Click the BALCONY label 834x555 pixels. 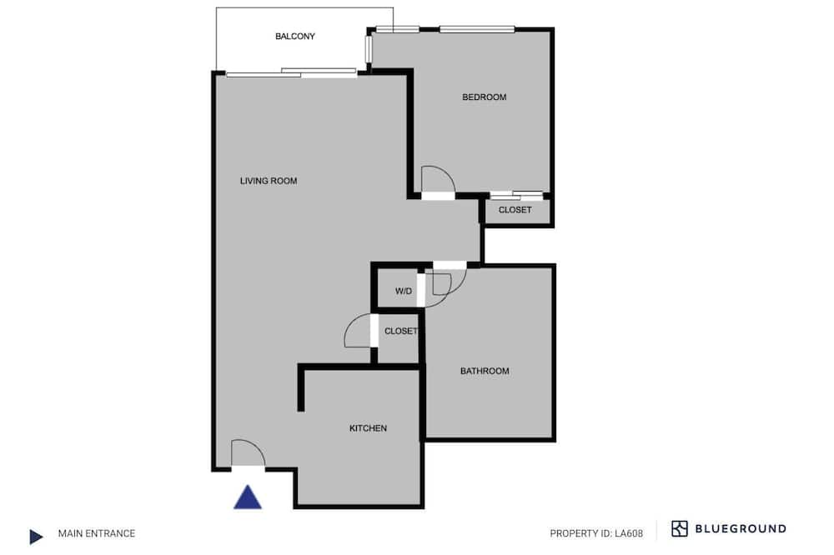click(x=294, y=36)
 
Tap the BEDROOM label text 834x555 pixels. click(x=484, y=97)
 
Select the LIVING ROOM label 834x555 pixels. click(x=269, y=181)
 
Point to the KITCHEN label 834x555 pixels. click(x=368, y=428)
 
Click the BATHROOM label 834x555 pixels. click(x=485, y=371)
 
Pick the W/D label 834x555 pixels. click(x=404, y=292)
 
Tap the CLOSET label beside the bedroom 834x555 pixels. click(x=515, y=210)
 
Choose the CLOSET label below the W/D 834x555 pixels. click(x=401, y=331)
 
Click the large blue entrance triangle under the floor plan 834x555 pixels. click(x=248, y=497)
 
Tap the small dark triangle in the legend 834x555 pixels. click(x=36, y=537)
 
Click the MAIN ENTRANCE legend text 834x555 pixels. click(x=97, y=533)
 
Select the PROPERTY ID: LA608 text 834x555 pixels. click(x=596, y=533)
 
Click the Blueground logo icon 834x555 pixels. click(x=679, y=529)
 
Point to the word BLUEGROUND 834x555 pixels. click(x=741, y=529)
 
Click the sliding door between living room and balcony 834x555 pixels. click(x=291, y=72)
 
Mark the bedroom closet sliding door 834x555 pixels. click(x=516, y=195)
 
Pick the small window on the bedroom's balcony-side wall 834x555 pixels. click(x=368, y=49)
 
